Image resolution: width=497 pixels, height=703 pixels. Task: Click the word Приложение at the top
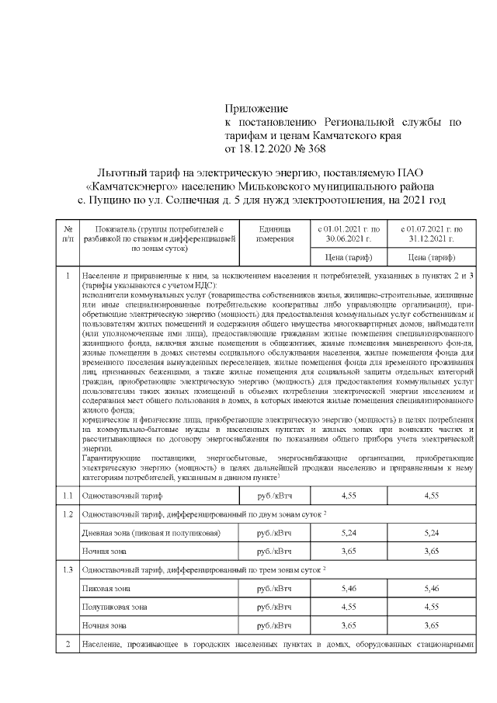pyautogui.click(x=256, y=108)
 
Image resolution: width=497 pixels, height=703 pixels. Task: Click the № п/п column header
pyautogui.click(x=68, y=234)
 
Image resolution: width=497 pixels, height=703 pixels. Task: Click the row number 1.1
pyautogui.click(x=68, y=494)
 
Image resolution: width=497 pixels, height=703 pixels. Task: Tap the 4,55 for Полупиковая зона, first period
pyautogui.click(x=349, y=607)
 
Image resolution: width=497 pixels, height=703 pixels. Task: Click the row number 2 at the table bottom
pyautogui.click(x=68, y=645)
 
